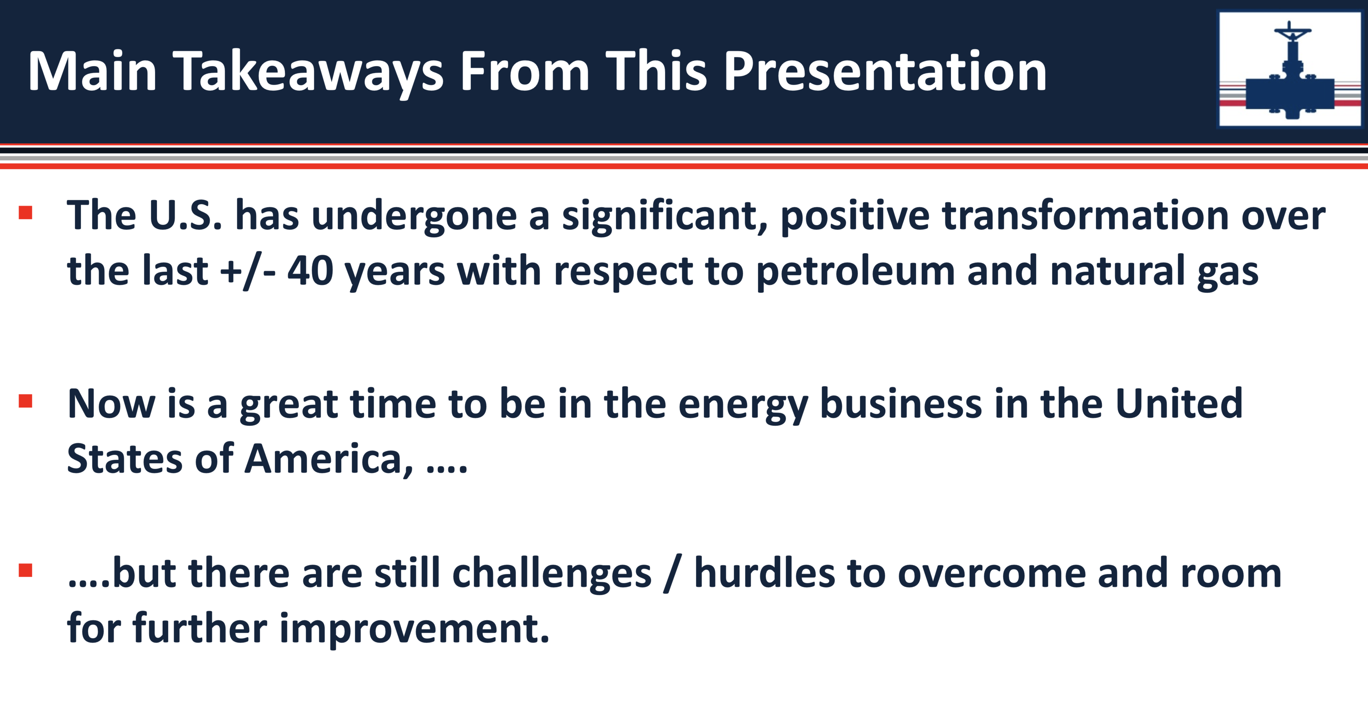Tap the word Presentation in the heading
(x=885, y=71)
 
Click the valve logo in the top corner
(x=1290, y=69)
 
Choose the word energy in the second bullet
(x=743, y=407)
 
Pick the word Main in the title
(x=92, y=71)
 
